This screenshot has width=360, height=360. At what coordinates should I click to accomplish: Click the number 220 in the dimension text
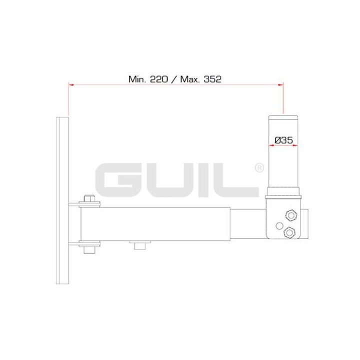click(x=157, y=78)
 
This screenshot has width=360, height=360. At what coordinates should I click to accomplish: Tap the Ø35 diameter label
click(x=283, y=141)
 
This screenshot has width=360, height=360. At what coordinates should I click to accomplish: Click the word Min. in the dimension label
click(x=137, y=78)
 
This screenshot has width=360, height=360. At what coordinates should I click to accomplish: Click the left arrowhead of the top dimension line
click(x=71, y=85)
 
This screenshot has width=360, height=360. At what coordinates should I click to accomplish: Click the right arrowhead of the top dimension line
click(x=280, y=85)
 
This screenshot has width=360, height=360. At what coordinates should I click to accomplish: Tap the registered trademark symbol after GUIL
click(x=259, y=169)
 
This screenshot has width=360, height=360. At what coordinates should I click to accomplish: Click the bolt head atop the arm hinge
click(x=90, y=199)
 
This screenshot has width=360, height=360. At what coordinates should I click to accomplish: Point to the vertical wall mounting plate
click(x=63, y=200)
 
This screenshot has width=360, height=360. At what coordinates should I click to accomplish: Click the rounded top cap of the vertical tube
click(x=283, y=117)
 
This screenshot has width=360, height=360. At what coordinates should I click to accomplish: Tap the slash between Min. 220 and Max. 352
click(x=173, y=78)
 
